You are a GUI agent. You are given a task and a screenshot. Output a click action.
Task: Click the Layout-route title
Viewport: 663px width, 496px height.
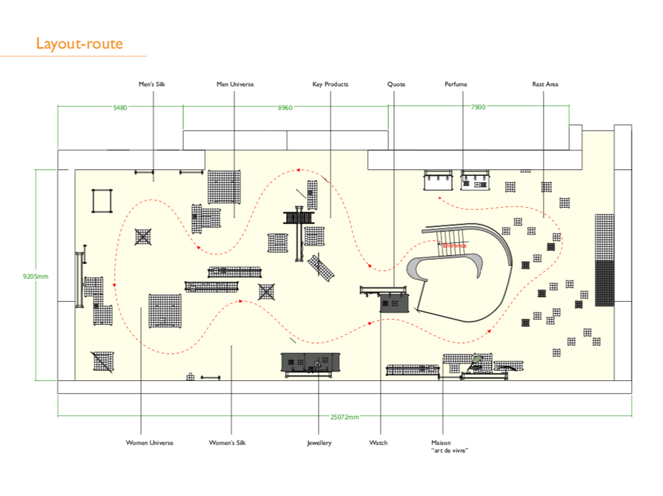(79, 45)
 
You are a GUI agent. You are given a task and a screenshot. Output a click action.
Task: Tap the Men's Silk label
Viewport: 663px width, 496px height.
(152, 85)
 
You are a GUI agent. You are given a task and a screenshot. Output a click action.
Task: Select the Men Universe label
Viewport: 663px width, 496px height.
(235, 85)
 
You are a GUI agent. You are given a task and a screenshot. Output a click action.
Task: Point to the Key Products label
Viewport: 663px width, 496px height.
(330, 85)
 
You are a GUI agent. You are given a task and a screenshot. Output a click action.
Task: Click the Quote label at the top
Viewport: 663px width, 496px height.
(396, 85)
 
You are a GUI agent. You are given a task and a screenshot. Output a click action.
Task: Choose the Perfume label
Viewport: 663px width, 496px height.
(455, 85)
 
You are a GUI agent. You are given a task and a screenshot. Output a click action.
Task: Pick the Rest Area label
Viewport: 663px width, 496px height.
(545, 85)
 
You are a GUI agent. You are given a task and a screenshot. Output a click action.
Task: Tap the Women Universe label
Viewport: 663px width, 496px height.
(150, 443)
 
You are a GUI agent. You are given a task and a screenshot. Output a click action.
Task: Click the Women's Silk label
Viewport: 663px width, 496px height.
(227, 443)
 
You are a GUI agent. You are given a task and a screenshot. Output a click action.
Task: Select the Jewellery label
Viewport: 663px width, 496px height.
(319, 443)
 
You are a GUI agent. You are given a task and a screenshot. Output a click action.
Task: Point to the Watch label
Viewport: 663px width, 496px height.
(378, 443)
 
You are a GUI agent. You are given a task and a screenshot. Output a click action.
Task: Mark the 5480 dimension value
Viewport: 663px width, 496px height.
(120, 108)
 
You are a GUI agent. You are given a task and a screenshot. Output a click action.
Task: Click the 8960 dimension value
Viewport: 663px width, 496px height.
(285, 108)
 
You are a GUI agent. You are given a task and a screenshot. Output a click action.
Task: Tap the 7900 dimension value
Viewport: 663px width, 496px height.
(478, 108)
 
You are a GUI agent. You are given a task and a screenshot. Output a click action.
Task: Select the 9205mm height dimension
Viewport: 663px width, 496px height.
(35, 276)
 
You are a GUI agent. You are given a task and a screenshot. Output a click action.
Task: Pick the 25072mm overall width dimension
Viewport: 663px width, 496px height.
(344, 418)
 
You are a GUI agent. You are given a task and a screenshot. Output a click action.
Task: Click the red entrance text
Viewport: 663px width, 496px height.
(455, 246)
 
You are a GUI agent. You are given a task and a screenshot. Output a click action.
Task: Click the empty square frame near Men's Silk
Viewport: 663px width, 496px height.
(101, 202)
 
